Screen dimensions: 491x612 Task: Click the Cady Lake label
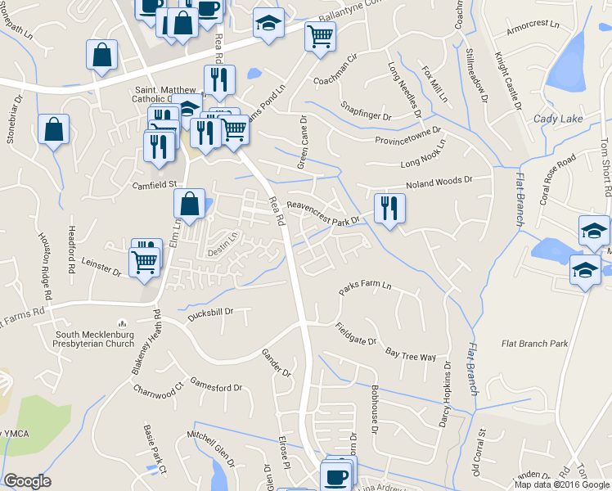[559, 119]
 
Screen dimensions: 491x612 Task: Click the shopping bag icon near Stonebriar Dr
[53, 129]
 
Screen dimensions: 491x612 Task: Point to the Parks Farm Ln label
[366, 289]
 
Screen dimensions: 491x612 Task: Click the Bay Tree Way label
[410, 352]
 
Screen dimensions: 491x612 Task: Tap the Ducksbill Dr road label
[212, 312]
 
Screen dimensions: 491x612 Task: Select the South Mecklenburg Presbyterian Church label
[95, 339]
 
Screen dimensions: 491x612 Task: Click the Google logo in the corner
[27, 481]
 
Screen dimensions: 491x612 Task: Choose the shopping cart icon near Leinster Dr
[144, 264]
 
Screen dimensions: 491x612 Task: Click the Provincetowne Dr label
[408, 136]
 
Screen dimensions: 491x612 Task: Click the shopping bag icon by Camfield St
[189, 205]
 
